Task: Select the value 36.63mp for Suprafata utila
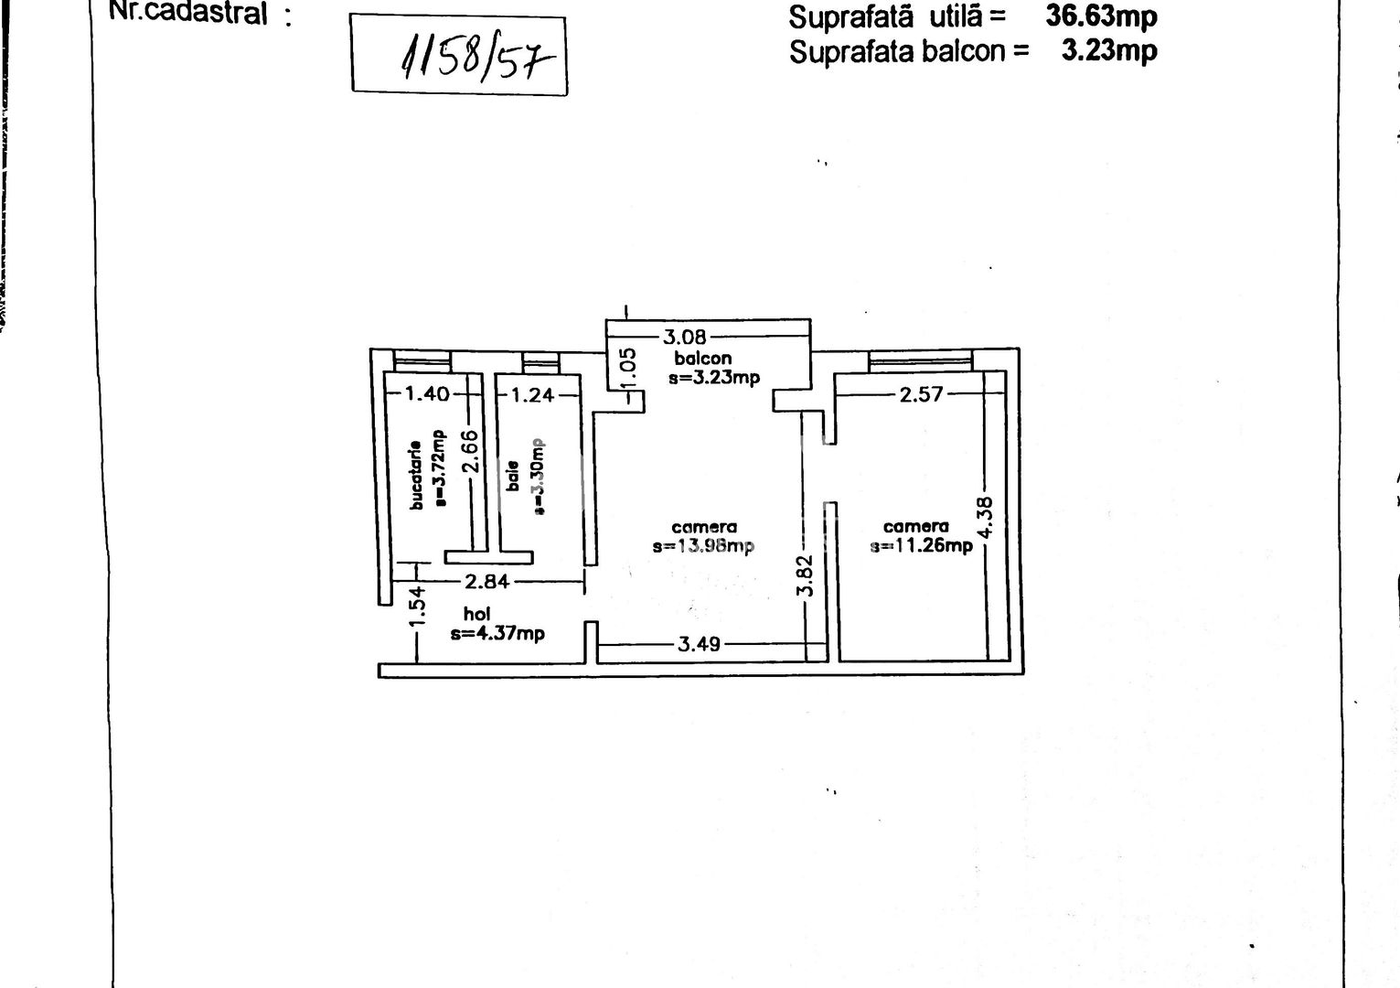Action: (1101, 16)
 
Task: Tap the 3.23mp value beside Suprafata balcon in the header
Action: (1108, 49)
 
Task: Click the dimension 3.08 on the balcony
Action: (684, 337)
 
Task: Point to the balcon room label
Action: (702, 358)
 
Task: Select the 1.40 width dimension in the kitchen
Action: (427, 394)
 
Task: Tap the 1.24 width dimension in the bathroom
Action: (532, 395)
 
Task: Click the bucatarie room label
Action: (417, 474)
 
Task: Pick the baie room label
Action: (514, 475)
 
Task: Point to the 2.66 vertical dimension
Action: (470, 451)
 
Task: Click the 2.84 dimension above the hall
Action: (486, 582)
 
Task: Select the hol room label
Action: (476, 615)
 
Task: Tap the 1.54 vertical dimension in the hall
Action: (416, 607)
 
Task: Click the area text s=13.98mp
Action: (703, 546)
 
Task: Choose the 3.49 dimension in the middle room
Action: (699, 644)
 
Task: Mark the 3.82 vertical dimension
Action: (805, 576)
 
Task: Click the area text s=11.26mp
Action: (921, 546)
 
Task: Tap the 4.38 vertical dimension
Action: (985, 517)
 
